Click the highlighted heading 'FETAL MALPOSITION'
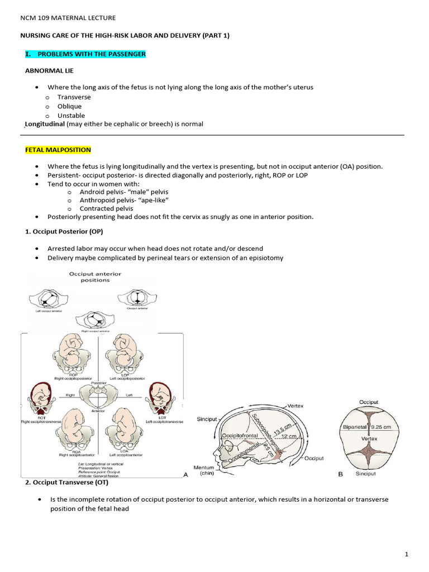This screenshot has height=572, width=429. point(58,150)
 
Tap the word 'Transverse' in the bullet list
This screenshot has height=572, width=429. point(74,97)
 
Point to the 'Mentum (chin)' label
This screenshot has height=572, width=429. point(204,471)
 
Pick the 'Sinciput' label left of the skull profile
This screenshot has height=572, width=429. point(208,419)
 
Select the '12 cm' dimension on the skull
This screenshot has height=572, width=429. point(288,436)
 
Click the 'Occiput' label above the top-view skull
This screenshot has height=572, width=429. point(369,402)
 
